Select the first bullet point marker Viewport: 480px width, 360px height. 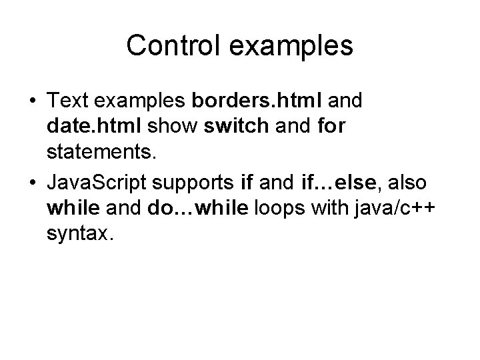coord(33,102)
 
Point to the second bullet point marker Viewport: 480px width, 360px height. coord(33,182)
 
